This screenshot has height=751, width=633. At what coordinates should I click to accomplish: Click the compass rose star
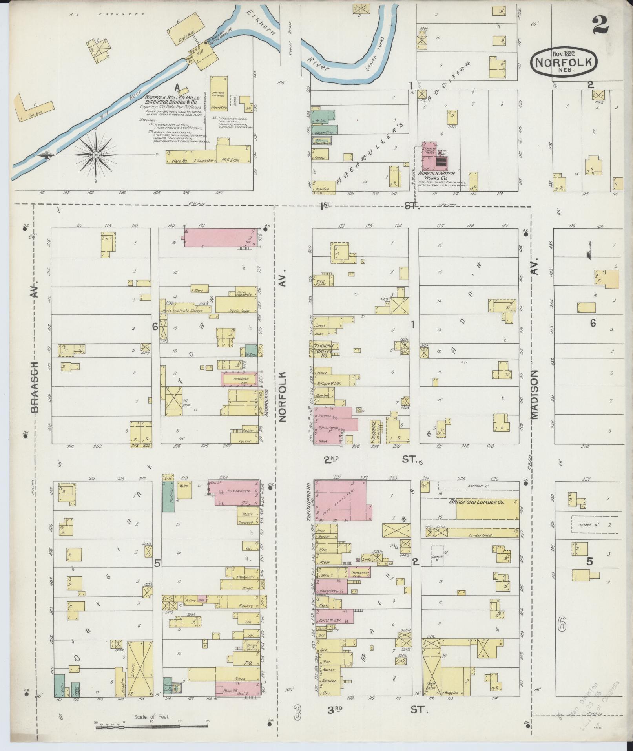point(95,155)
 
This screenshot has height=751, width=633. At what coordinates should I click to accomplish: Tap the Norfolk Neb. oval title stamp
point(564,62)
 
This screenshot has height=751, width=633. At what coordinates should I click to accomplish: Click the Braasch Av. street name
point(35,345)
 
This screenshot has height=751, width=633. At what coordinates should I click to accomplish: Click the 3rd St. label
point(370,710)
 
